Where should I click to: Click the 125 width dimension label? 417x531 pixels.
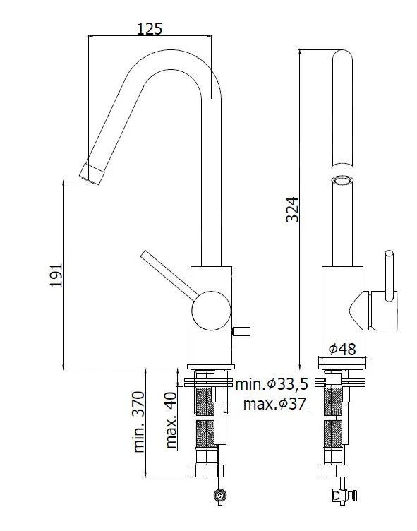coord(150,28)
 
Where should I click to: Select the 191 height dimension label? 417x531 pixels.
coord(57,275)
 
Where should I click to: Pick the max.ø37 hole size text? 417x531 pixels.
coord(274,404)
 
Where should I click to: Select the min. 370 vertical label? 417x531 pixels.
coord(138,422)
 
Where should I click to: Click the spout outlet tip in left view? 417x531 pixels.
coord(91,172)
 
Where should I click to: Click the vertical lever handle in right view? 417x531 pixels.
coord(387,275)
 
